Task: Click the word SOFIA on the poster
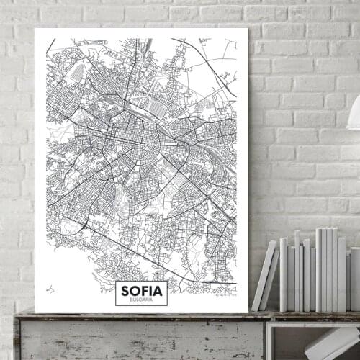(142, 290)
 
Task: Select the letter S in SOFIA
(126, 290)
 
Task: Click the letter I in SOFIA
(152, 290)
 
